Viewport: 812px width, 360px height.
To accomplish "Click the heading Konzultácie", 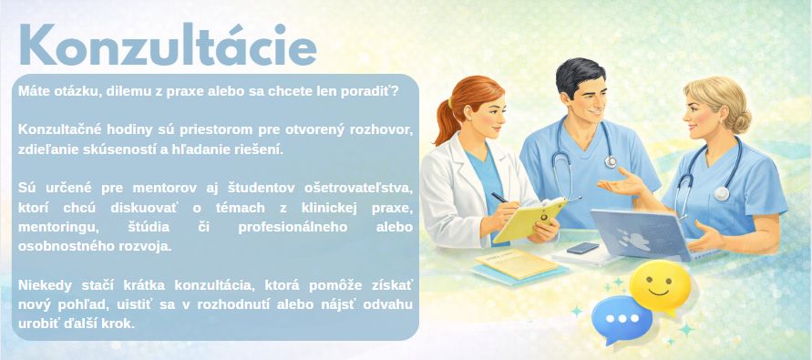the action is click(168, 45).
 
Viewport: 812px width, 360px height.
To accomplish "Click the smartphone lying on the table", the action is click(582, 248).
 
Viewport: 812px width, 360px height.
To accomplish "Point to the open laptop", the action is click(642, 236).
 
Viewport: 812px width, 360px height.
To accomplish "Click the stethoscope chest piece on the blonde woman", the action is click(722, 193).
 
